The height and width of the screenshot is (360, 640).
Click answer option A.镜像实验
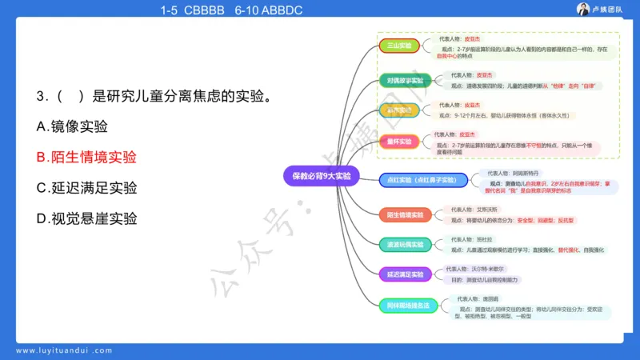(72, 126)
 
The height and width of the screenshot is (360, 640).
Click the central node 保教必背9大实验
(321, 175)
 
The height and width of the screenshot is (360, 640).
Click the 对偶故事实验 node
(404, 80)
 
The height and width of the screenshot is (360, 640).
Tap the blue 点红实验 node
(423, 180)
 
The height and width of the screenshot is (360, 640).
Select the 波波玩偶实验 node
(404, 243)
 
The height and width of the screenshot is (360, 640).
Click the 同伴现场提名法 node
(408, 305)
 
